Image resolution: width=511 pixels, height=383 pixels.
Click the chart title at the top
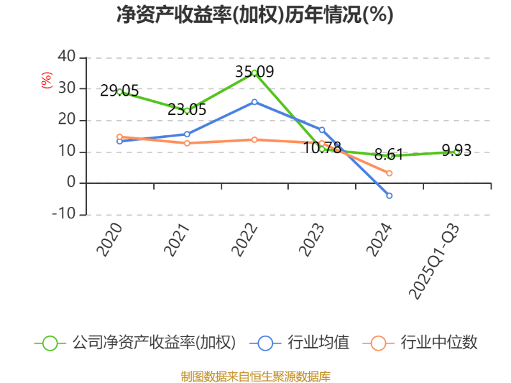(255, 15)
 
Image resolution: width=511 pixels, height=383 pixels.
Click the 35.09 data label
(254, 71)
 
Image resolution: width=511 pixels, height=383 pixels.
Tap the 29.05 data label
(119, 91)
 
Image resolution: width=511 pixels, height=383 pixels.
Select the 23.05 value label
(187, 109)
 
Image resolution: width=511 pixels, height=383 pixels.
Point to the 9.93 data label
(457, 151)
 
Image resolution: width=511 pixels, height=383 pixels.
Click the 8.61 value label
(389, 154)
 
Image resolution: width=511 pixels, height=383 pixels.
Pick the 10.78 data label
(322, 147)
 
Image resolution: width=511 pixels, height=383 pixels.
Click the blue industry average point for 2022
(254, 101)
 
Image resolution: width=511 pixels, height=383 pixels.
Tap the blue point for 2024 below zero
(390, 195)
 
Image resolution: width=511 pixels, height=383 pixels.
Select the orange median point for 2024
(390, 174)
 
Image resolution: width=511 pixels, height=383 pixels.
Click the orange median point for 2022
(254, 139)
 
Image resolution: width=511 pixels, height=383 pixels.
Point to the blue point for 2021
(187, 134)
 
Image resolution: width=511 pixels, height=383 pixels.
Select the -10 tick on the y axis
(64, 214)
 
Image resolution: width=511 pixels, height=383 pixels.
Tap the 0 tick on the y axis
(71, 183)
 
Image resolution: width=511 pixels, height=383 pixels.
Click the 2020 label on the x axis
(109, 239)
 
